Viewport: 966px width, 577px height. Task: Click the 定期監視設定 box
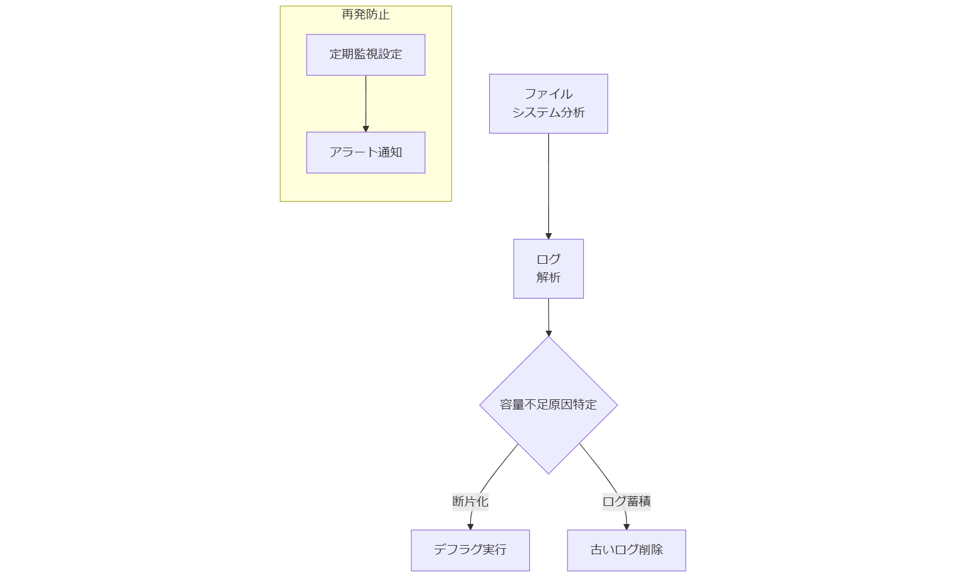click(365, 55)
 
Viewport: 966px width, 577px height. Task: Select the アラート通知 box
click(365, 152)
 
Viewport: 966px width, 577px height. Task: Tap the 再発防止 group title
click(365, 14)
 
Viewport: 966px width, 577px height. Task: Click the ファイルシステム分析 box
click(548, 104)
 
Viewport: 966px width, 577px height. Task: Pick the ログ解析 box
click(548, 269)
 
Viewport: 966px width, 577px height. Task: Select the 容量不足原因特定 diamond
click(548, 405)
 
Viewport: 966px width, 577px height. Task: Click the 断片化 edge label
click(470, 501)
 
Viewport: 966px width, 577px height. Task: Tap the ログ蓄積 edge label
click(627, 501)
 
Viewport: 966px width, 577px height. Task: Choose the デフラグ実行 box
click(470, 550)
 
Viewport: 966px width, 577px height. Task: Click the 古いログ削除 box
click(627, 550)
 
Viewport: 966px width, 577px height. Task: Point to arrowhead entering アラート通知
click(365, 128)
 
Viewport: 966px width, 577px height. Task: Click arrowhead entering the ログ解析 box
click(548, 235)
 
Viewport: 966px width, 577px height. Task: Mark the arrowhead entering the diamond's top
click(549, 332)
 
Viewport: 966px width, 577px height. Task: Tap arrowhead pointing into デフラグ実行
click(470, 526)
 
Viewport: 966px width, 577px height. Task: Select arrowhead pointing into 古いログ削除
click(627, 526)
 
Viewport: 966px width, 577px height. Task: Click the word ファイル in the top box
click(548, 94)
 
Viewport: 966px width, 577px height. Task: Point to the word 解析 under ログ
click(548, 278)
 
